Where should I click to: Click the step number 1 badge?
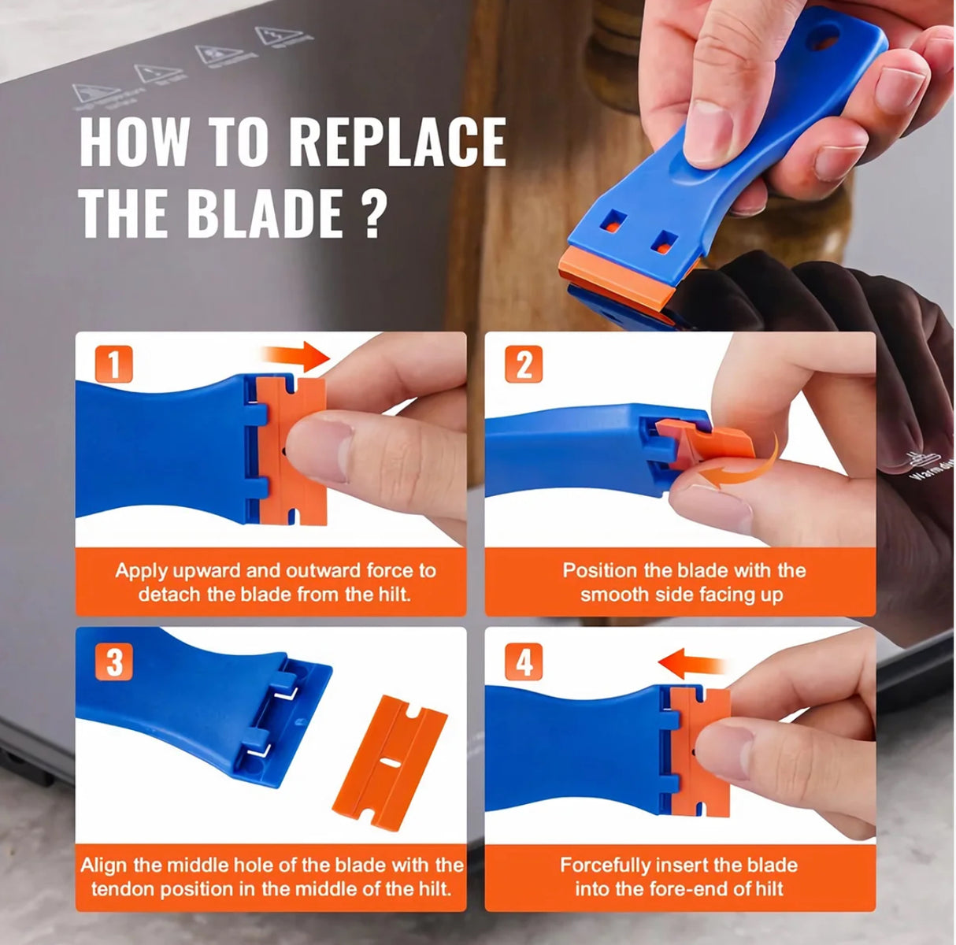coord(115,366)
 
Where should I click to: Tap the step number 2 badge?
coord(524,366)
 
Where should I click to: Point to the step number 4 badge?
coord(524,663)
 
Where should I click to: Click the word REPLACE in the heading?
coord(397,143)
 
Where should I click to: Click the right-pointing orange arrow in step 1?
coord(296,357)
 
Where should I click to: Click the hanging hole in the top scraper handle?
coord(824,36)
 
